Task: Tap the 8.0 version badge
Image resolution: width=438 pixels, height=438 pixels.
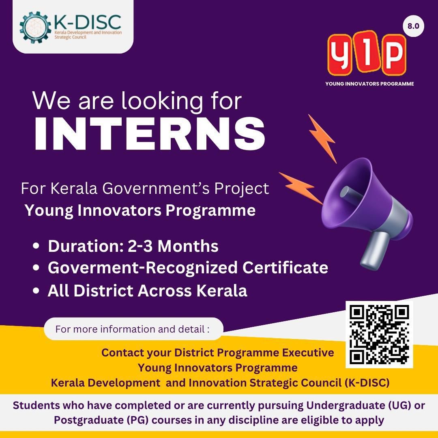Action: [413, 26]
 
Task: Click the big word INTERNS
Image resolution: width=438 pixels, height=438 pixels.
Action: [149, 134]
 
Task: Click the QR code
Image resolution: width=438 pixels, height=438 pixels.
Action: [379, 334]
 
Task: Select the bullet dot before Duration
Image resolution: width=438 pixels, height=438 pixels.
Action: [36, 246]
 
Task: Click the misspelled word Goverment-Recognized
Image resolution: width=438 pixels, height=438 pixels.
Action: [142, 268]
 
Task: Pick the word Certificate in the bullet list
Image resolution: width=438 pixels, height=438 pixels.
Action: [285, 268]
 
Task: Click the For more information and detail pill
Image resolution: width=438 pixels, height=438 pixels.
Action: [133, 329]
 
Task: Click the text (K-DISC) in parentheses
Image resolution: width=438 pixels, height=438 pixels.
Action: [367, 383]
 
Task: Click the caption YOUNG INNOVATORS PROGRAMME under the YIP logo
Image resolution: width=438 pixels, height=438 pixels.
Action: [369, 84]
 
